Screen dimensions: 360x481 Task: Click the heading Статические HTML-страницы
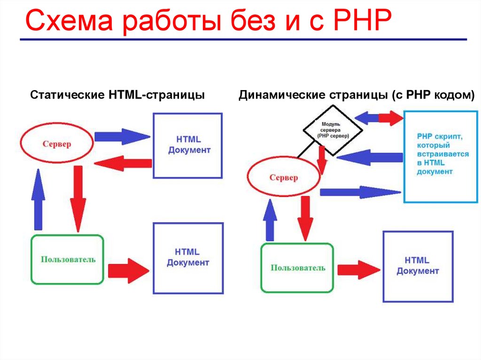tap(117, 95)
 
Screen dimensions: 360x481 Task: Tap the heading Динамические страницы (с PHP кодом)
tap(357, 95)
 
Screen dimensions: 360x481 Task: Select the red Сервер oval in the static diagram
tap(57, 144)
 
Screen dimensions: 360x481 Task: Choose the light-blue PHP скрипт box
tap(440, 156)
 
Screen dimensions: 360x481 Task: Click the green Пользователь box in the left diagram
tap(68, 259)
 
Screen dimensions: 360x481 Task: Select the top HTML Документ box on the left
tap(188, 146)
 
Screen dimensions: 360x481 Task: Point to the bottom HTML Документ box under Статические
tap(187, 258)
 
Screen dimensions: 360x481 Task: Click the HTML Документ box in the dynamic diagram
tap(418, 266)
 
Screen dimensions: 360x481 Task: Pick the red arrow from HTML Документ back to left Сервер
tap(123, 163)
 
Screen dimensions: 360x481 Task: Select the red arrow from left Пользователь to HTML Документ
tap(128, 270)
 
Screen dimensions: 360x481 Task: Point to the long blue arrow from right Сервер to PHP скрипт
tap(360, 192)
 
